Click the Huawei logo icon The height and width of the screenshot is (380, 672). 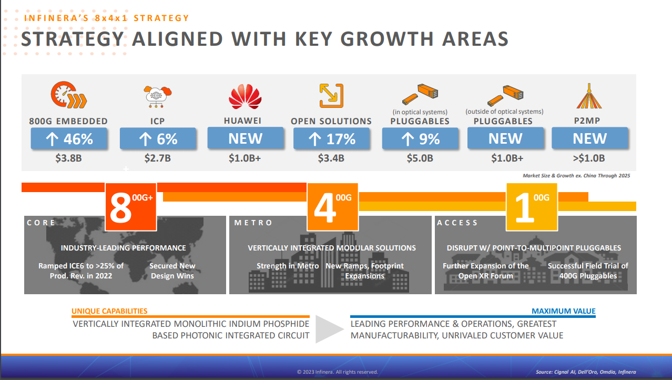click(245, 96)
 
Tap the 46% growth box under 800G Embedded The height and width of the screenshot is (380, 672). click(69, 139)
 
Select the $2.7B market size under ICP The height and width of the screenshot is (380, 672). click(158, 158)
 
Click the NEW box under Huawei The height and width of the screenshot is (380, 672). click(245, 138)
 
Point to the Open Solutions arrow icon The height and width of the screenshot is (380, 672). click(331, 96)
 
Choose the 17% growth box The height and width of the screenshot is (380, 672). click(331, 139)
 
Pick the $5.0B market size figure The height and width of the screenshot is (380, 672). click(420, 158)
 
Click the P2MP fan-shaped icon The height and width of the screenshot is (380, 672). click(589, 96)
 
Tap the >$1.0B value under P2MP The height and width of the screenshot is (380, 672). click(589, 158)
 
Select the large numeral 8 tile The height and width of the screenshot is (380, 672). click(131, 207)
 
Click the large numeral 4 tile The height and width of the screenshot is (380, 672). click(332, 207)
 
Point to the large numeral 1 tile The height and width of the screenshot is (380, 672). click(532, 207)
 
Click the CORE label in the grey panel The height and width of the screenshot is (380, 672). click(41, 223)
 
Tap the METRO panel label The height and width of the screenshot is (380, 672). click(253, 223)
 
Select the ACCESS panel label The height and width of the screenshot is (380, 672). click(457, 223)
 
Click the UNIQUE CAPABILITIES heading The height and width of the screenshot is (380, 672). click(109, 311)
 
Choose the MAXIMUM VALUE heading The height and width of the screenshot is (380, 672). click(563, 311)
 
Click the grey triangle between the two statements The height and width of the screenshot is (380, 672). click(329, 329)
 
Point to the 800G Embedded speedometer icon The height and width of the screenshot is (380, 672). click(68, 96)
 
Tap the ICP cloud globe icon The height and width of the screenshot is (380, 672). click(158, 96)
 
